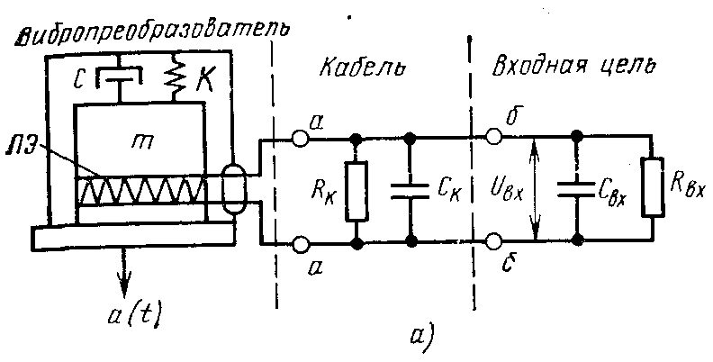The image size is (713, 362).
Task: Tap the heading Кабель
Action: pyautogui.click(x=362, y=68)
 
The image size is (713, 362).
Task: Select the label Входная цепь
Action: pyautogui.click(x=574, y=67)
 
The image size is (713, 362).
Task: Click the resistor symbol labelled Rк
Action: pyautogui.click(x=356, y=191)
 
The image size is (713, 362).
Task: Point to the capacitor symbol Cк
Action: pyautogui.click(x=411, y=191)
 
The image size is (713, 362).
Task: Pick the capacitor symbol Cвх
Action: pyautogui.click(x=576, y=189)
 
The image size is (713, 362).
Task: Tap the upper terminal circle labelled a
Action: pyautogui.click(x=300, y=139)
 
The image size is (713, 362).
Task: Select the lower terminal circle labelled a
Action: pyautogui.click(x=300, y=244)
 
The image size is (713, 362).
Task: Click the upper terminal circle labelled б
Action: pyautogui.click(x=494, y=135)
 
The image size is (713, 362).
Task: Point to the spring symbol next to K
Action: pyautogui.click(x=174, y=77)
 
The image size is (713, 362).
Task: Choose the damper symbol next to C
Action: pyautogui.click(x=119, y=77)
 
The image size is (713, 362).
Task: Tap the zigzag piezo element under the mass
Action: pyautogui.click(x=142, y=190)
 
